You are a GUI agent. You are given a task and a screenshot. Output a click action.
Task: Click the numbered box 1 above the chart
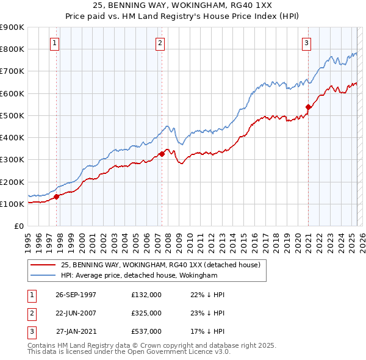[x=56, y=43]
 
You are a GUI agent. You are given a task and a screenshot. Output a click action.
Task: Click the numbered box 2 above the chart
[x=160, y=43]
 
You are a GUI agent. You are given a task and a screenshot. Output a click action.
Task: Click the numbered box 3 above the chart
[x=306, y=43]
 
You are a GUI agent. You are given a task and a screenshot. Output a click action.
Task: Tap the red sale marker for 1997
[x=57, y=196]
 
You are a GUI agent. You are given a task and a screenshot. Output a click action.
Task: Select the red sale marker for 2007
[x=162, y=154]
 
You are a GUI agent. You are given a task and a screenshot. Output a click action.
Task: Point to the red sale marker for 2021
[x=308, y=107]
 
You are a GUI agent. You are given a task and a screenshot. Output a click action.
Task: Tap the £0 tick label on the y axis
[x=18, y=226]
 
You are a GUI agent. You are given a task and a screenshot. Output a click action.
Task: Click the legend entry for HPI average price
[x=139, y=276]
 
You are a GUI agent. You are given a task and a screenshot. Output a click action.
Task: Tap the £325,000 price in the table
[x=146, y=313]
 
